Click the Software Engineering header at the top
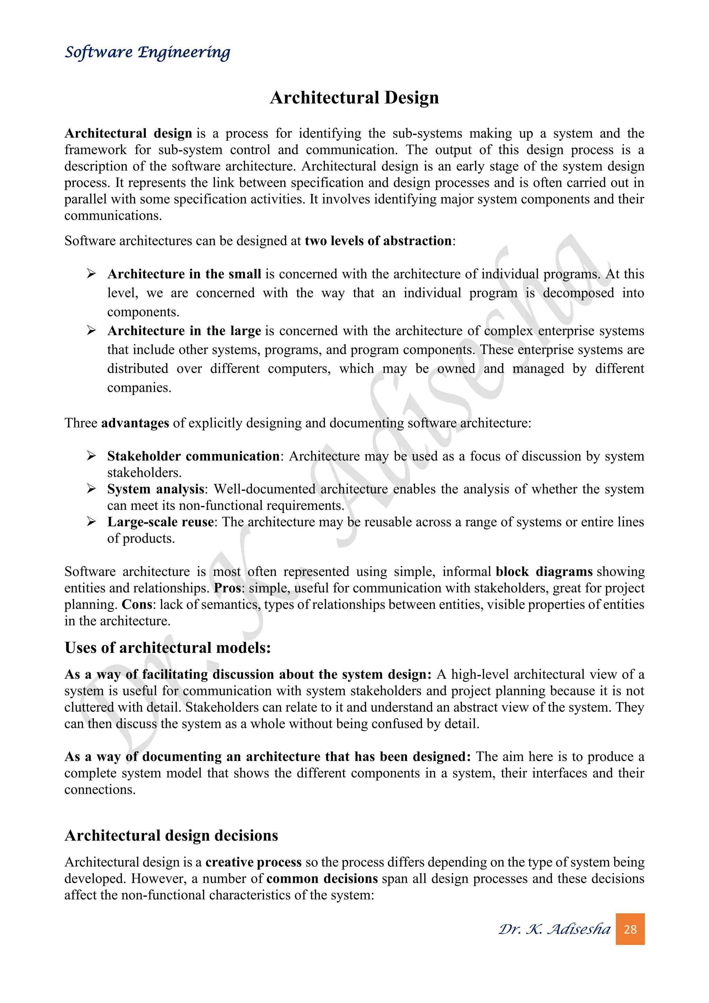pos(147,52)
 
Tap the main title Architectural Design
pos(354,97)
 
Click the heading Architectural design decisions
pos(171,836)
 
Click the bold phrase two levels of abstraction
pos(378,241)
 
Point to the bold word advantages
pos(135,423)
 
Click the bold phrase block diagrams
pos(544,572)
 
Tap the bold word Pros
pos(227,588)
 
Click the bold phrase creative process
pos(253,862)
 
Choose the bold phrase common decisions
pos(322,879)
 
